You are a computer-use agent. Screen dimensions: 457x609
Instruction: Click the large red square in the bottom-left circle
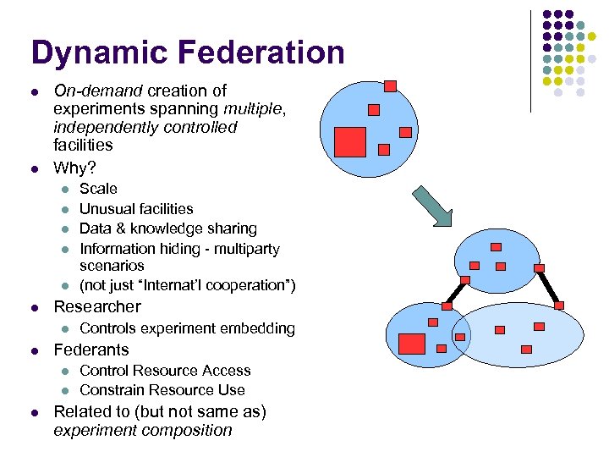pos(412,344)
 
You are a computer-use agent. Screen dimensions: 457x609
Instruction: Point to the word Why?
pos(74,167)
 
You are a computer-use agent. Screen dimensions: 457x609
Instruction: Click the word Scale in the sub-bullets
pos(98,189)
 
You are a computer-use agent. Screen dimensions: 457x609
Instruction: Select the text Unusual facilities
pos(136,208)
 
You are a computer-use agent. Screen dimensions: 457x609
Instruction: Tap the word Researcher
pos(97,306)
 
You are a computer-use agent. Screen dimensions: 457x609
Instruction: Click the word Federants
pos(91,350)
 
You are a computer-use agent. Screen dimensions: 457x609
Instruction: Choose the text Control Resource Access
pos(165,371)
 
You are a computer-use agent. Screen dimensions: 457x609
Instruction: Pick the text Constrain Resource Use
pos(162,390)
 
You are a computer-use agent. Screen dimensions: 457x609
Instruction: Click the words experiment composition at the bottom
pos(142,430)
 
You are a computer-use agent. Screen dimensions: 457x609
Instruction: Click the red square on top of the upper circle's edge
pos(390,85)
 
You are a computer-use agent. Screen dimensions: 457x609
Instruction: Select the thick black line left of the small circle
pos(455,291)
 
